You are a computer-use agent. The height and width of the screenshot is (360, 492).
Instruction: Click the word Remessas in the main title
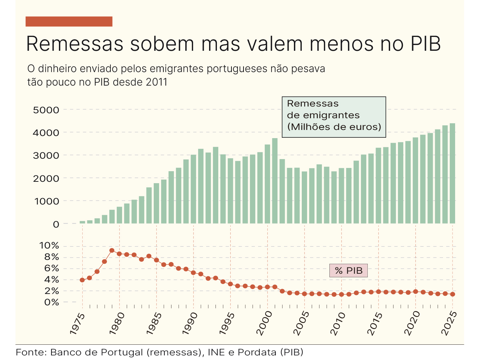click(x=75, y=44)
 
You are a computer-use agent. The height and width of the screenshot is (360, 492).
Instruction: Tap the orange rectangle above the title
click(x=69, y=21)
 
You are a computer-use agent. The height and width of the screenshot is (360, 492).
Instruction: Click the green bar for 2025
click(x=452, y=174)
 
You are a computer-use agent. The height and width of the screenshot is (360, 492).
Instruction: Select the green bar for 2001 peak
click(x=275, y=181)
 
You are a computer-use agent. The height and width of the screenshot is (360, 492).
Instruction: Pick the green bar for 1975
click(x=82, y=222)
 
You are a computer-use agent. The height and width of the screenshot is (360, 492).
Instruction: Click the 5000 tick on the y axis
click(x=46, y=110)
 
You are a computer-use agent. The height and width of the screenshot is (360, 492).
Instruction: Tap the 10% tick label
click(x=49, y=246)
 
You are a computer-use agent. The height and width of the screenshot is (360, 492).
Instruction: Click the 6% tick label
click(x=51, y=268)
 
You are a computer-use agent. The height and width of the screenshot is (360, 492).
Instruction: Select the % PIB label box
click(x=349, y=271)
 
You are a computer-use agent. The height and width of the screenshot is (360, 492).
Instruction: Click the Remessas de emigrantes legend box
click(x=334, y=117)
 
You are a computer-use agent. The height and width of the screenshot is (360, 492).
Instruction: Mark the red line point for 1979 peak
click(x=112, y=250)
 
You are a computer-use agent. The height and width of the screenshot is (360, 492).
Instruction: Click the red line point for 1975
click(x=82, y=280)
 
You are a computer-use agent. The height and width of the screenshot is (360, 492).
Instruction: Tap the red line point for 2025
click(x=453, y=294)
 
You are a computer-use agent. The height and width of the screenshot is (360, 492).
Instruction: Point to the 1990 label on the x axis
click(x=190, y=323)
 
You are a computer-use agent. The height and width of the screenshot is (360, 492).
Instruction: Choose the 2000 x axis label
click(x=264, y=323)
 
